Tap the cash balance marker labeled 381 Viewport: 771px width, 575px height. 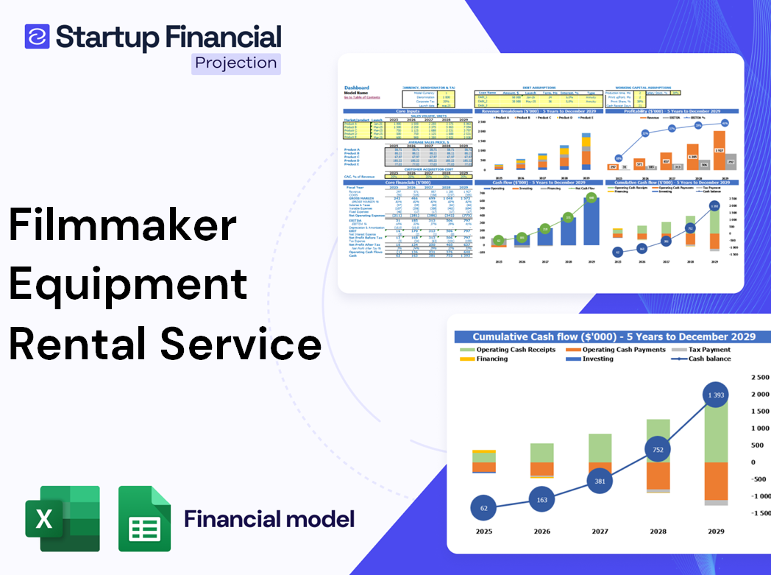600,481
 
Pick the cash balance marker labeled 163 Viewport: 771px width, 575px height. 542,499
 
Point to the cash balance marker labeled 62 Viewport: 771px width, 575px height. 483,508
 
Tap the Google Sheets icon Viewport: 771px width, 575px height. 145,518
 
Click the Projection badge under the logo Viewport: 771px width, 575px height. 235,63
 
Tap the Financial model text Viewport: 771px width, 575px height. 269,519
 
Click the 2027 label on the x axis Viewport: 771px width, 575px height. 600,531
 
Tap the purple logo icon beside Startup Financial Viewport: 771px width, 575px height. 37,36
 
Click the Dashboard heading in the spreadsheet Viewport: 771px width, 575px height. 357,88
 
